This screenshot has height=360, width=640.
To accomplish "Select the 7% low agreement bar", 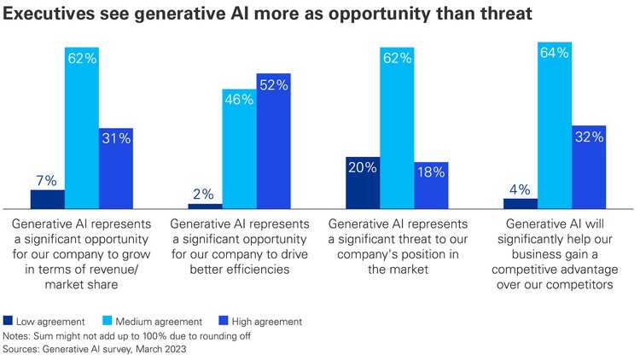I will (47, 199).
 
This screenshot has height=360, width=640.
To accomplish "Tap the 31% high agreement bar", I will (116, 168).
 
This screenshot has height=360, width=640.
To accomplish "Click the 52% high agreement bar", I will (274, 141).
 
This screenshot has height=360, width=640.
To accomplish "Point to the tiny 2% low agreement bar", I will (205, 206).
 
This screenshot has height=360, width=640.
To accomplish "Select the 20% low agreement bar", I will (363, 183).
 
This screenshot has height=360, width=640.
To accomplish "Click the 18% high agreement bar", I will (431, 185).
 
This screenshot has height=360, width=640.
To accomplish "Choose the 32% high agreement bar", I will (589, 166).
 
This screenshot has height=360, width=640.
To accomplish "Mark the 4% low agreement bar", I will (521, 203).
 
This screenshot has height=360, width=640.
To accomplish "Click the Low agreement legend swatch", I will (9, 321).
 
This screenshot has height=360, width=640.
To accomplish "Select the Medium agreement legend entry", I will (149, 321).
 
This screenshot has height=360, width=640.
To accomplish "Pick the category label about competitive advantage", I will (555, 253).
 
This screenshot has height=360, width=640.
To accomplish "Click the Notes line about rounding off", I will (128, 335).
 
